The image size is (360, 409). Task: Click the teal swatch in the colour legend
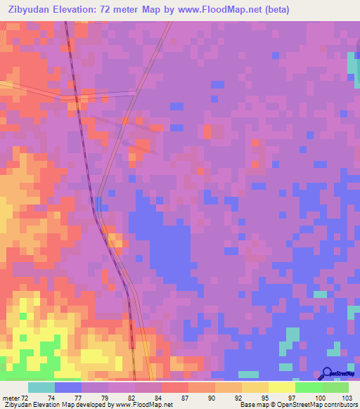41,387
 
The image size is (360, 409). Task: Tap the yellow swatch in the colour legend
281,387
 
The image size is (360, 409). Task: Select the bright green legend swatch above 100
308,387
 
